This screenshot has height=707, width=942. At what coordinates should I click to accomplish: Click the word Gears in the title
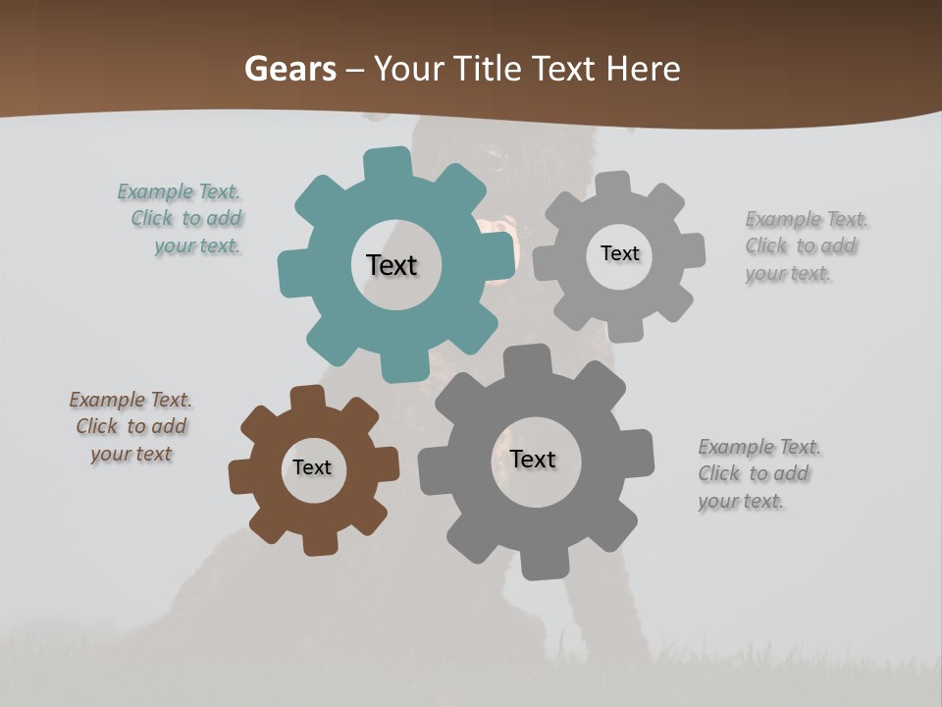coord(288,69)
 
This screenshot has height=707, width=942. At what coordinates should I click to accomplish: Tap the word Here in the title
coord(643,69)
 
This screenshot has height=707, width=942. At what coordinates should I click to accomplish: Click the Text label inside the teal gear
coord(392,265)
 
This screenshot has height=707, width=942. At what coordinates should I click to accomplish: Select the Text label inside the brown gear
coord(312,467)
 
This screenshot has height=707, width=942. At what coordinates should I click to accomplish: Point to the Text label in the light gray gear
coord(619,253)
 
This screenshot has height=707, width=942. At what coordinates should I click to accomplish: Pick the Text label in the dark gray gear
coord(533,459)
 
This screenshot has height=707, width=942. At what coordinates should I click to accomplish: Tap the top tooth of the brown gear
coord(308,398)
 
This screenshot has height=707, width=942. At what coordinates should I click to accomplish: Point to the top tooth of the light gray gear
coord(613,186)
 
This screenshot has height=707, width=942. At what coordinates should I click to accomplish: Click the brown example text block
coord(131,426)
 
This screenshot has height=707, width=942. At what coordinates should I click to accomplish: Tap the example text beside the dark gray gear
coord(759,474)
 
